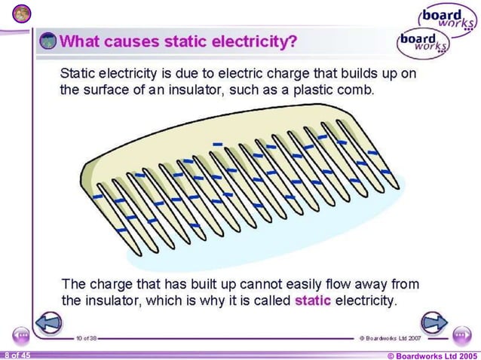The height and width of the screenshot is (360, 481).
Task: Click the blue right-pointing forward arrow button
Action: [434, 322]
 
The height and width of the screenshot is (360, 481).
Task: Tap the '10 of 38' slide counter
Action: [85, 339]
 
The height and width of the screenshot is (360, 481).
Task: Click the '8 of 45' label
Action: [17, 354]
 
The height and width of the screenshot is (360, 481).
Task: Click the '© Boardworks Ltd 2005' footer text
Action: [431, 355]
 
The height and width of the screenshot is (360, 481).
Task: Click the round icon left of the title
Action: [47, 41]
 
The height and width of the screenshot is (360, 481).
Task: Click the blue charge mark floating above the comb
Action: [217, 142]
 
